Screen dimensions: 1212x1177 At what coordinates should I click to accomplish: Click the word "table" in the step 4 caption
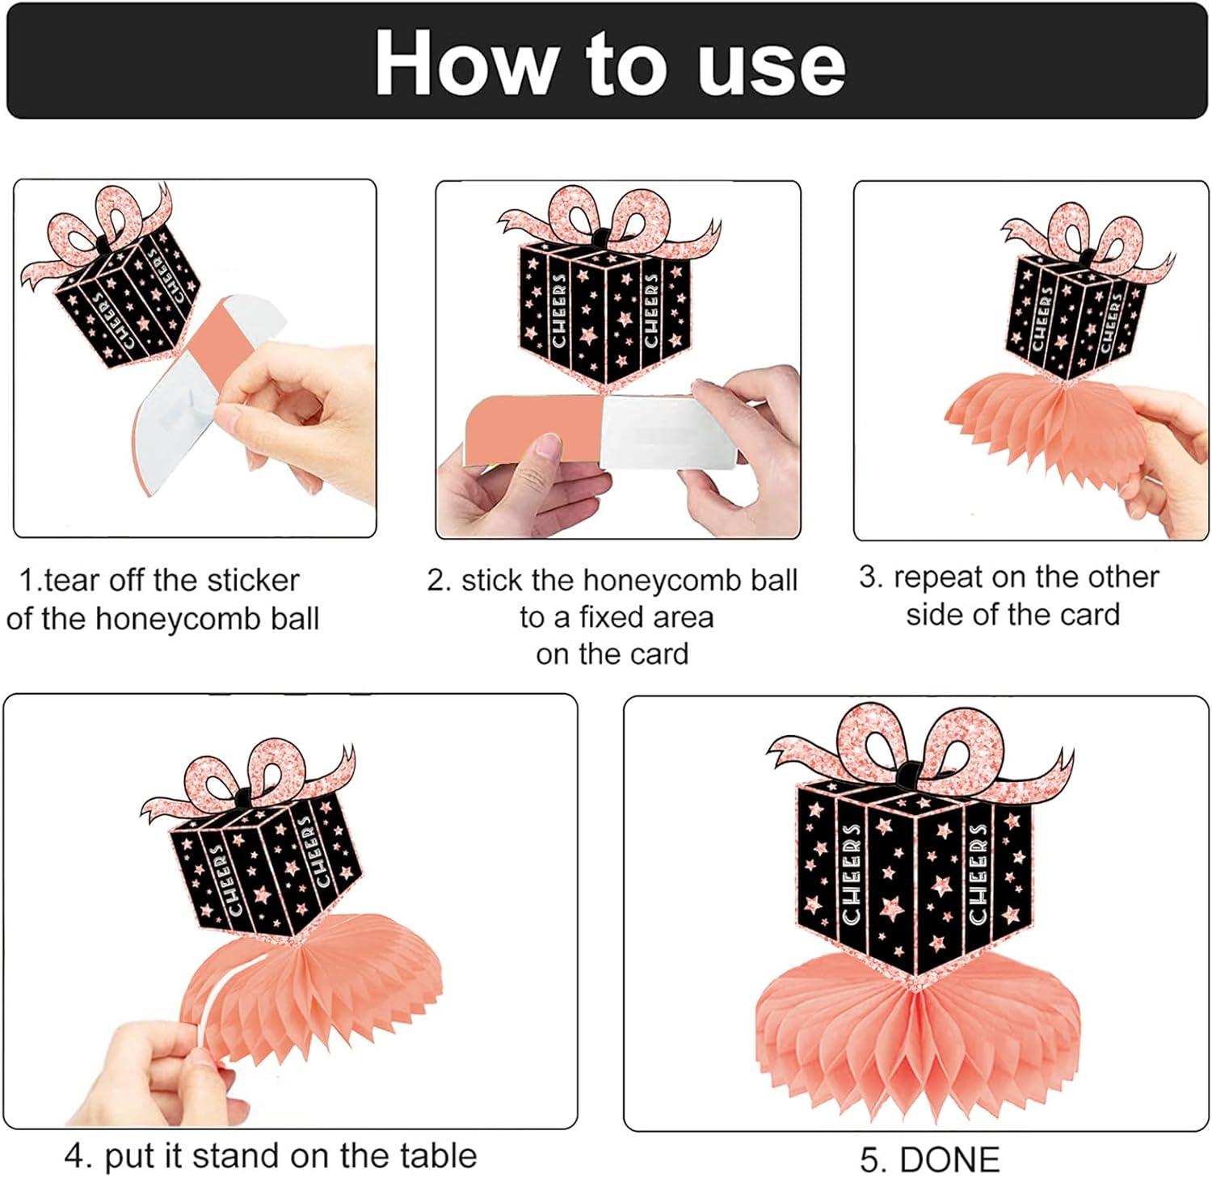tap(440, 1155)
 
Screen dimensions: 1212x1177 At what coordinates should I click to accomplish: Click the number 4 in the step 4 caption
tap(75, 1156)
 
